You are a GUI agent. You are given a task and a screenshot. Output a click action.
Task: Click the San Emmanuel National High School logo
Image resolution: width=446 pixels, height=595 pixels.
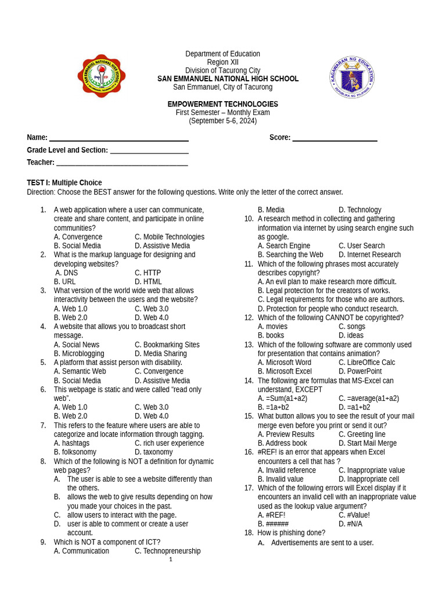coord(102,76)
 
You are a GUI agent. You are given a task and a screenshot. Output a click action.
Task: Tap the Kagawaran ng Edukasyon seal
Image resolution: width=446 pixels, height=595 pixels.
coord(352,77)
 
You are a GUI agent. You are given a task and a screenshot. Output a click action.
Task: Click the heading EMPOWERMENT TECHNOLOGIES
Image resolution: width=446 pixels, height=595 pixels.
coord(222,104)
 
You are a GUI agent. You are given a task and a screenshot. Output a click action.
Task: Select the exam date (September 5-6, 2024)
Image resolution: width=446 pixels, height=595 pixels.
coord(222,121)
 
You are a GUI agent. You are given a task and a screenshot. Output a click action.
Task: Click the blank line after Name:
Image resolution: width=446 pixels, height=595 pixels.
coord(118,138)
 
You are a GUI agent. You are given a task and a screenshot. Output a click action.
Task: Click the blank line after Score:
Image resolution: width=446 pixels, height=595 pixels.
coord(334,138)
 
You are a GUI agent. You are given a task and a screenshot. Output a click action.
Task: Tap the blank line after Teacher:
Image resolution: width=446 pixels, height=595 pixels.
coord(122,163)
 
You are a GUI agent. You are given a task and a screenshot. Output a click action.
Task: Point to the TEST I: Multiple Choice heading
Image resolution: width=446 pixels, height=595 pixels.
coord(64,182)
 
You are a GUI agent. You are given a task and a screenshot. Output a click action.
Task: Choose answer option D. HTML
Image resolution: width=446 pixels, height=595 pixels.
coord(148,282)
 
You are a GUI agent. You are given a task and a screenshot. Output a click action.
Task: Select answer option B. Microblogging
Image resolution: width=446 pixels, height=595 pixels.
coord(79,353)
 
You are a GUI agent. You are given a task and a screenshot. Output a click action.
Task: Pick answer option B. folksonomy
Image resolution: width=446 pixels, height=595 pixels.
coord(75,452)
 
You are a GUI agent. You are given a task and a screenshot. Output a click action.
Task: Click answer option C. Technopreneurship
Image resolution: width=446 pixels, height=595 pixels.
coord(167,551)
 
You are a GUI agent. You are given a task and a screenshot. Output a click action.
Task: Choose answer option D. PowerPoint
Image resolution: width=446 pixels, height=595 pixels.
coord(360,371)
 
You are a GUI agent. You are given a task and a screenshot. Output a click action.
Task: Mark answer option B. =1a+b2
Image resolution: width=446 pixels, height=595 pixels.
coord(273,407)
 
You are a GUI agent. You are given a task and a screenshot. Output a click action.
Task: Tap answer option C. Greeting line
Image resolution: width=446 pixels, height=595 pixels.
coord(362,434)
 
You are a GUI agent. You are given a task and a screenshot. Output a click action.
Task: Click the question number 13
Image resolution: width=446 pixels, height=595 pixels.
coord(249,345)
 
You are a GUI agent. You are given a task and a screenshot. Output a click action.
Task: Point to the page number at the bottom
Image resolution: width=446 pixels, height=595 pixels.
coord(171,560)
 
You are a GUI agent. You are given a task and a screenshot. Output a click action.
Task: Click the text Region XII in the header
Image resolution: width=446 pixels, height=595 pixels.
coord(222,62)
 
